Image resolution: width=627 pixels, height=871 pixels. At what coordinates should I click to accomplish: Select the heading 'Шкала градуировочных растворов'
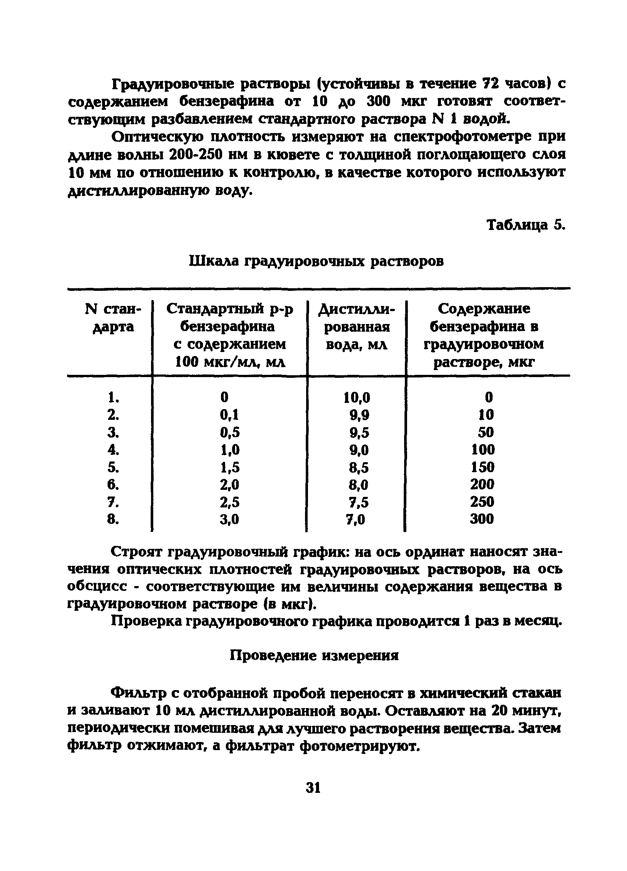[316, 261]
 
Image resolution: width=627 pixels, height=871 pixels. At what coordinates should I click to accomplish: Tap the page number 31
[313, 788]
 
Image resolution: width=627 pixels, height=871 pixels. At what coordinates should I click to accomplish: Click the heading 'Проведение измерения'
[314, 655]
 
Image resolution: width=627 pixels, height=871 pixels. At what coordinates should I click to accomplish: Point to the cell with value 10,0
[357, 397]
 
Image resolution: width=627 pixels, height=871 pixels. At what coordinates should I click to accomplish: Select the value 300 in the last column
[482, 519]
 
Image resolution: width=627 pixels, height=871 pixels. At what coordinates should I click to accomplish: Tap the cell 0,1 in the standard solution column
[230, 415]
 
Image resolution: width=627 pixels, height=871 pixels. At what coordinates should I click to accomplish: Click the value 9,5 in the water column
[359, 433]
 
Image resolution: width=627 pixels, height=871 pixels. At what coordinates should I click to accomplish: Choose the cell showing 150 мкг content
[483, 467]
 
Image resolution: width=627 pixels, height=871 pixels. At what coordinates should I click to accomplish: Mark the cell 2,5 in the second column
[230, 502]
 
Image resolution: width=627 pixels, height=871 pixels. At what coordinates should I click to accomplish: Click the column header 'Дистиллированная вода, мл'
[357, 327]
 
